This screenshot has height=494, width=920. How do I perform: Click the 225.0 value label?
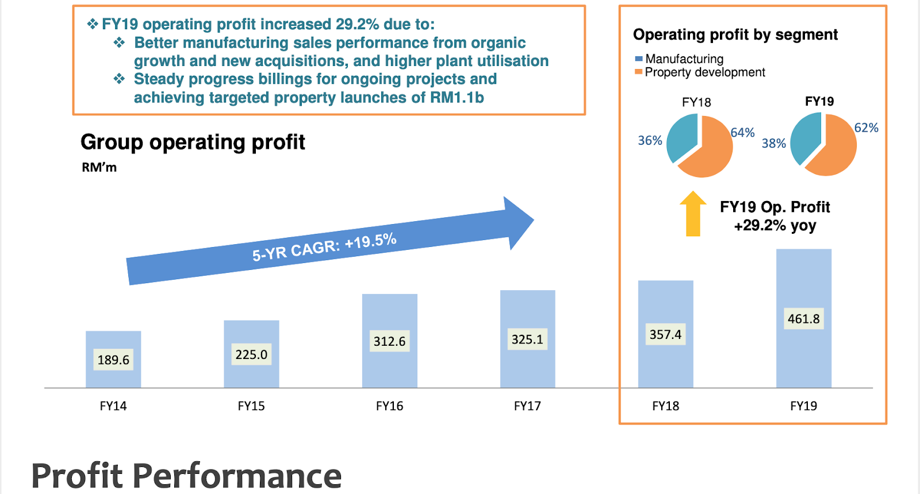tap(251, 354)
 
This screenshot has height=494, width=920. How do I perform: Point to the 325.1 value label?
tap(527, 339)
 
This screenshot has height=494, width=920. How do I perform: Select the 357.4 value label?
tap(665, 334)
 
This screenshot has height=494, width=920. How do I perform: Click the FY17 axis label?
tap(527, 406)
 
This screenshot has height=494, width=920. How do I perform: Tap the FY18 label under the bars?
tap(665, 406)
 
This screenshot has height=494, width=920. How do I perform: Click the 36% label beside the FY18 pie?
tap(650, 141)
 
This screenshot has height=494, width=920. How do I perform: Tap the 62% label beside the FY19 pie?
tap(866, 128)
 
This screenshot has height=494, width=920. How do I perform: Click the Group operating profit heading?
tap(193, 142)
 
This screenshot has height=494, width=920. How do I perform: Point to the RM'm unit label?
tap(99, 168)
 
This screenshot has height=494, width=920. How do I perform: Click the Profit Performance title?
tap(186, 476)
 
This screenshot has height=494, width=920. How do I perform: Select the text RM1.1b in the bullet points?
tap(457, 98)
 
